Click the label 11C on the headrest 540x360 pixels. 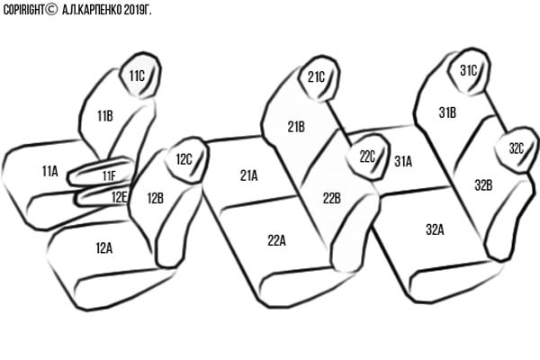(x=137, y=76)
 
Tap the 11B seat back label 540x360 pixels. (x=105, y=116)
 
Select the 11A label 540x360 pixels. (x=49, y=171)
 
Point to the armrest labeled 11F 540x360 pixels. (x=102, y=171)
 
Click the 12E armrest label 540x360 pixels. (x=119, y=197)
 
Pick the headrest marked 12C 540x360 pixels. (x=187, y=160)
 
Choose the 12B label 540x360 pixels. (x=156, y=198)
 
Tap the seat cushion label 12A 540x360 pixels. (x=104, y=248)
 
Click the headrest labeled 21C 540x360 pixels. (x=319, y=78)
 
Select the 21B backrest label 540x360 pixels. (x=296, y=127)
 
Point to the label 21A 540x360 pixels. (x=248, y=175)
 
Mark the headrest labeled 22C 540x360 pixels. (x=367, y=157)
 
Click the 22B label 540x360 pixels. (x=331, y=198)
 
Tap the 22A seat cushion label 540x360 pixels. (x=276, y=240)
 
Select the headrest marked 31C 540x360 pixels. (x=469, y=71)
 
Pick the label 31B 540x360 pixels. (x=447, y=112)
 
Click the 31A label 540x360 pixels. (x=403, y=161)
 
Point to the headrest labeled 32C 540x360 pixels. (x=517, y=149)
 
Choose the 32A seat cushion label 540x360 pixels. (x=435, y=229)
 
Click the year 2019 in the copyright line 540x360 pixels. (x=134, y=10)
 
